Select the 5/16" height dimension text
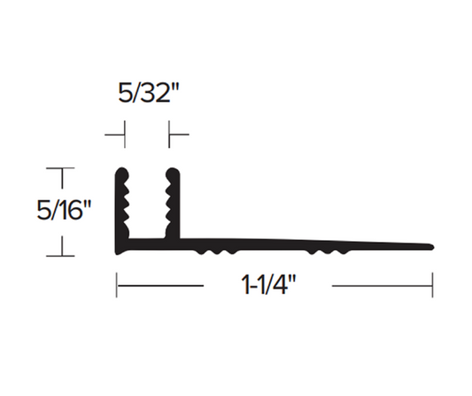point(65,212)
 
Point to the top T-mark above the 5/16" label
point(61,167)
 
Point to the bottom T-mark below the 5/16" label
point(61,255)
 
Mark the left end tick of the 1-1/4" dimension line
point(117,285)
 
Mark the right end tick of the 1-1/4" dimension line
point(432,285)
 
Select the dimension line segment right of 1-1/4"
point(381,285)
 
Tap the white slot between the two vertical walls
point(147,204)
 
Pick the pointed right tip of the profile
point(431,245)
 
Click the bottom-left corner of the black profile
point(118,252)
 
